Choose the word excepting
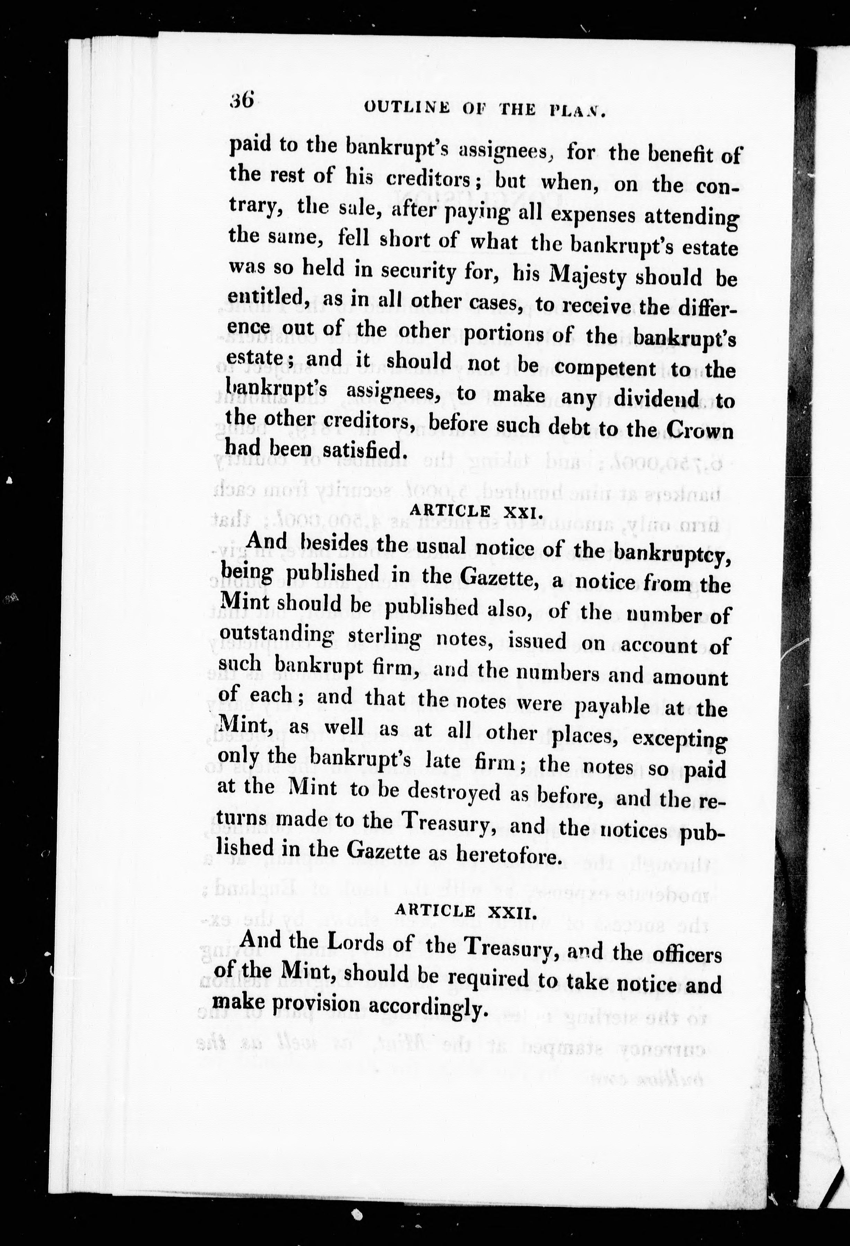[679, 740]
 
